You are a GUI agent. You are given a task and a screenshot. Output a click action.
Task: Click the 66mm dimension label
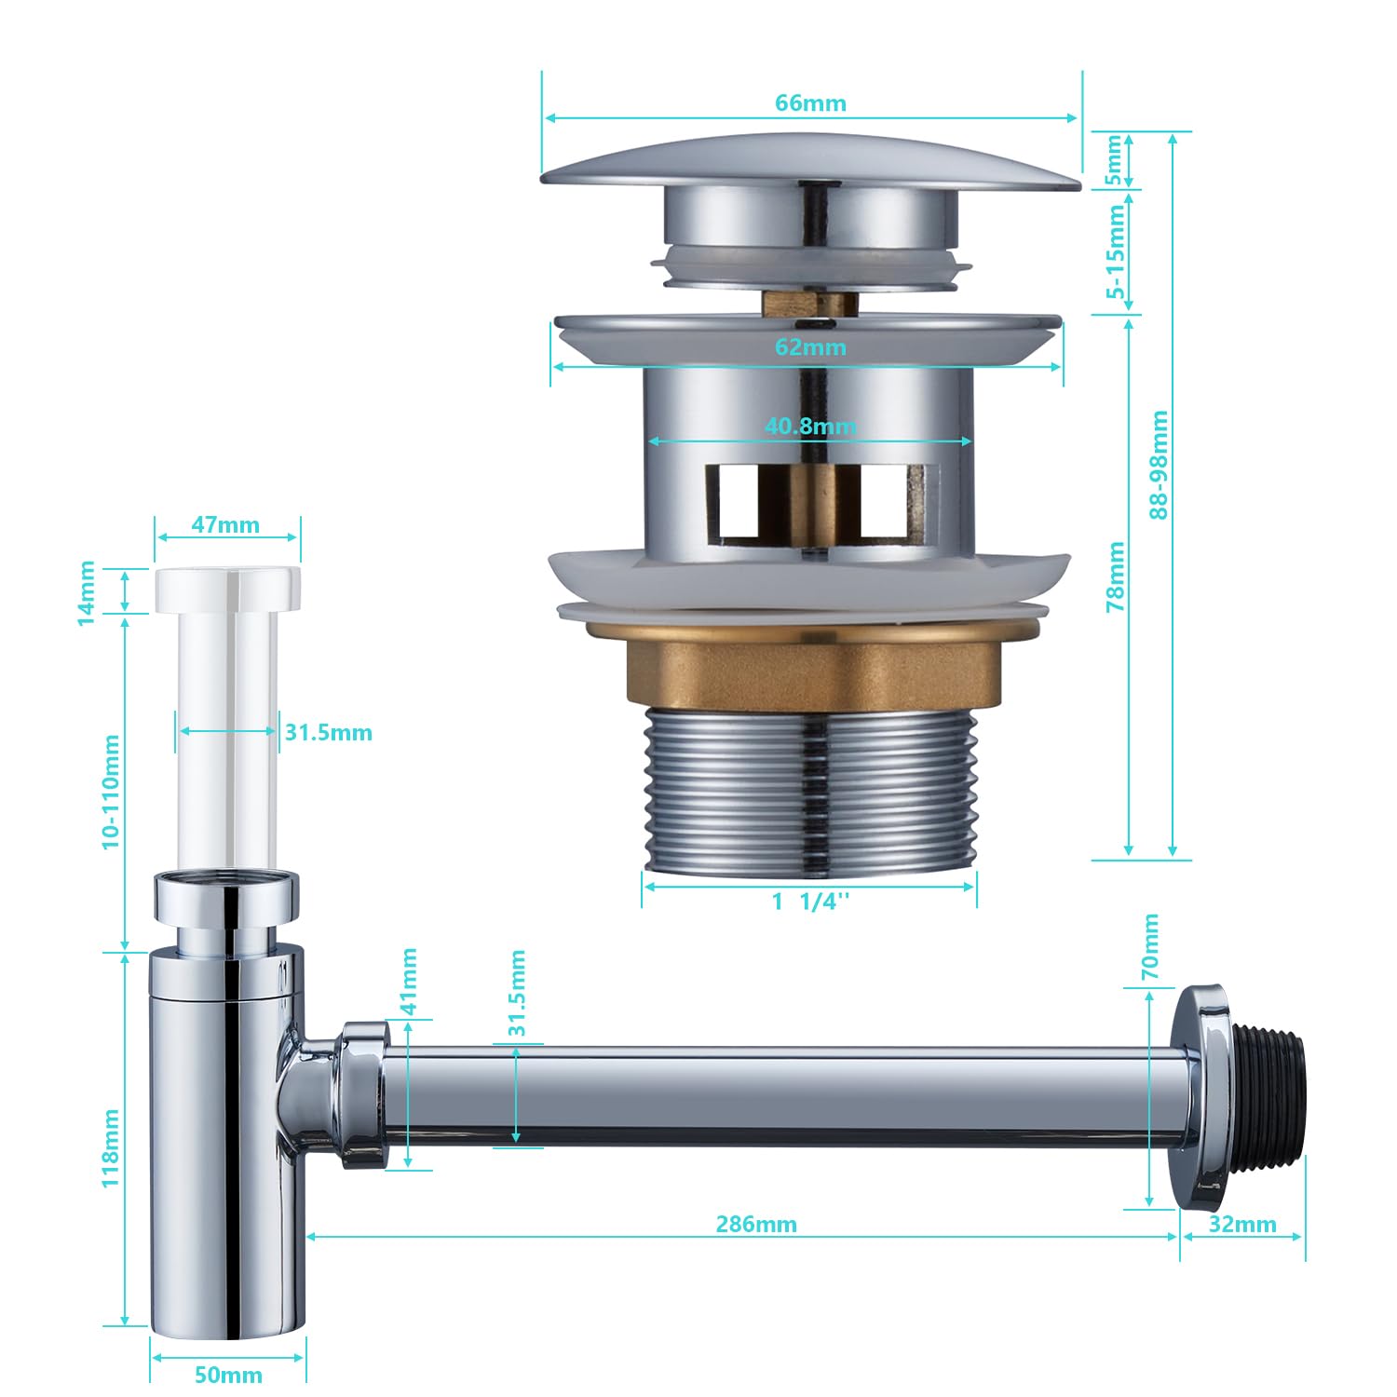point(810,102)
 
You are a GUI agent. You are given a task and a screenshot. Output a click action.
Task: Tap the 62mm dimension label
point(810,347)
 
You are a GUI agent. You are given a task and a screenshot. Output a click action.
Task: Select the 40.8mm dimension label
point(810,426)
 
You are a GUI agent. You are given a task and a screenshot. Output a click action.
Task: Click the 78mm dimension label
point(1115,576)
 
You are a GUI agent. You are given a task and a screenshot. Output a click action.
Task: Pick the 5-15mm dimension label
point(1115,251)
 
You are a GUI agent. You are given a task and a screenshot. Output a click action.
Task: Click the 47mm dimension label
point(225,525)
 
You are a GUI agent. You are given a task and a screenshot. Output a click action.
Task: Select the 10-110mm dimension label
point(111,792)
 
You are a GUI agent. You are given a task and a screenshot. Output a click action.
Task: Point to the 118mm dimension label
point(111,1147)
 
